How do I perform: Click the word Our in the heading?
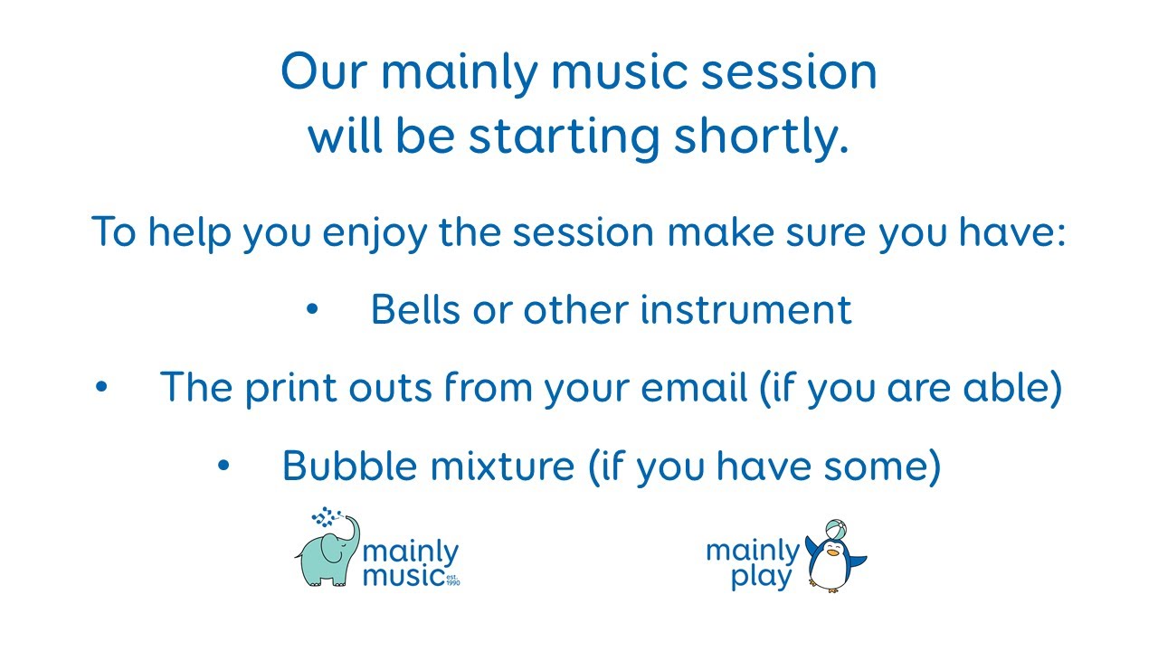click(x=324, y=71)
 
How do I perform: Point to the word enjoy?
click(x=375, y=233)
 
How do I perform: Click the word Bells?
click(x=416, y=309)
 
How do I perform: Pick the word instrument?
click(x=746, y=310)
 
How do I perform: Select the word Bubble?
click(x=349, y=466)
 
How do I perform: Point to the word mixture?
click(x=502, y=466)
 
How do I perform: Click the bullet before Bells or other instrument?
click(x=312, y=309)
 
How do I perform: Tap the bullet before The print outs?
click(x=101, y=386)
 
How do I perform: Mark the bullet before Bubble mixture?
click(x=223, y=466)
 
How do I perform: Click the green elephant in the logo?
click(x=327, y=552)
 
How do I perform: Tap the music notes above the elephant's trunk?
click(x=326, y=516)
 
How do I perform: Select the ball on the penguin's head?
click(x=835, y=530)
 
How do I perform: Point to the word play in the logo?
click(x=762, y=577)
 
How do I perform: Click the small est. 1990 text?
click(x=452, y=580)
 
